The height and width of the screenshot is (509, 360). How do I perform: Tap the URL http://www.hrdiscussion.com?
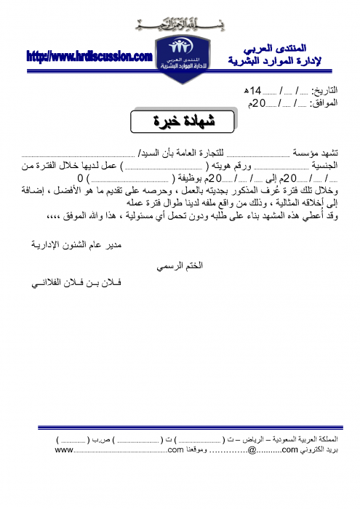[x=89, y=55]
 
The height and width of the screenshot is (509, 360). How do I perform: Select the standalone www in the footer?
[x=64, y=452]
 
